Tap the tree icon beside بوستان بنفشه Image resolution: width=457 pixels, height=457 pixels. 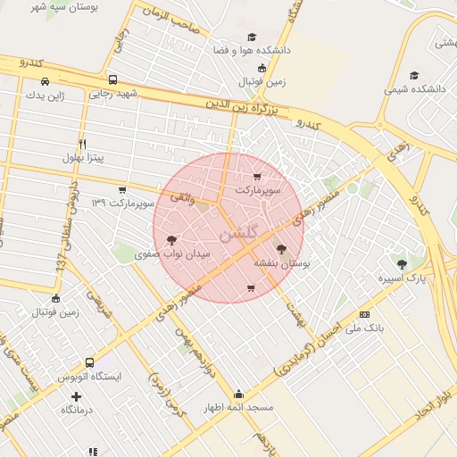click(282, 250)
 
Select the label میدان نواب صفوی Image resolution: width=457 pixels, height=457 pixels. click(172, 254)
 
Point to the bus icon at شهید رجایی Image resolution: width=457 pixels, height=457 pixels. click(112, 79)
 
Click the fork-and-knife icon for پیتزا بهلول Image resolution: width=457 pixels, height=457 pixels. click(82, 143)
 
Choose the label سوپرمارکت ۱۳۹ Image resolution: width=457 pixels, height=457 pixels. click(124, 204)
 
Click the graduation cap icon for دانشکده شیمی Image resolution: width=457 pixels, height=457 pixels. click(412, 75)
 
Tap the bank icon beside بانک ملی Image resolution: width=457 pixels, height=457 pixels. click(364, 314)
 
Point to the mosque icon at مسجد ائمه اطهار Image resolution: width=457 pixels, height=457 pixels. click(238, 394)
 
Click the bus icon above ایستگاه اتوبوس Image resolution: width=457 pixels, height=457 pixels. click(89, 362)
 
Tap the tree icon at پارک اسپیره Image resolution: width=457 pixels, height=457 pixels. click(401, 263)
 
